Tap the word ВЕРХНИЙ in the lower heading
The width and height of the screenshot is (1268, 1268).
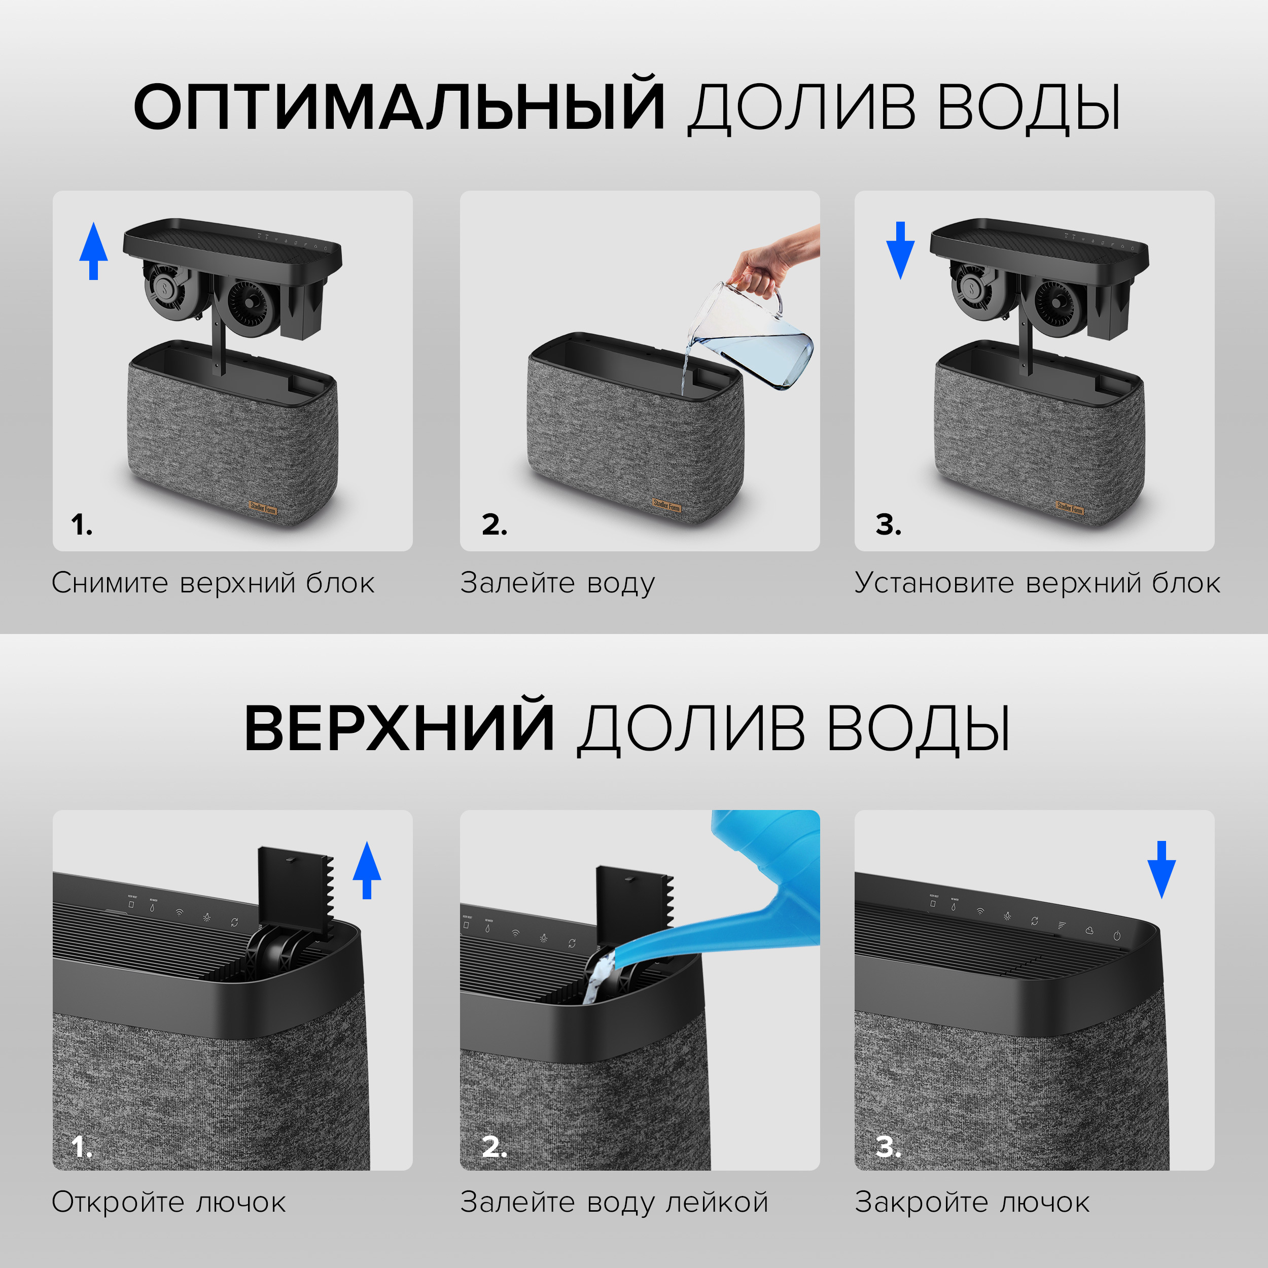point(398,728)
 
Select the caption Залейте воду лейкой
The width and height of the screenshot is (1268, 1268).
point(614,1203)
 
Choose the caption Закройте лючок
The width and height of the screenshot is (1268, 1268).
point(971,1203)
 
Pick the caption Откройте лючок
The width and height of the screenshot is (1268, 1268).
point(169,1203)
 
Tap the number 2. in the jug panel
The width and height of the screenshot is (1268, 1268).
point(494,524)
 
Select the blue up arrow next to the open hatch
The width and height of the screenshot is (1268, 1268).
point(367,870)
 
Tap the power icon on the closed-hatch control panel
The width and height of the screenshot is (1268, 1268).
point(1116,936)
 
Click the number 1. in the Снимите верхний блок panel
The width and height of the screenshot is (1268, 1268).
point(81,524)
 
